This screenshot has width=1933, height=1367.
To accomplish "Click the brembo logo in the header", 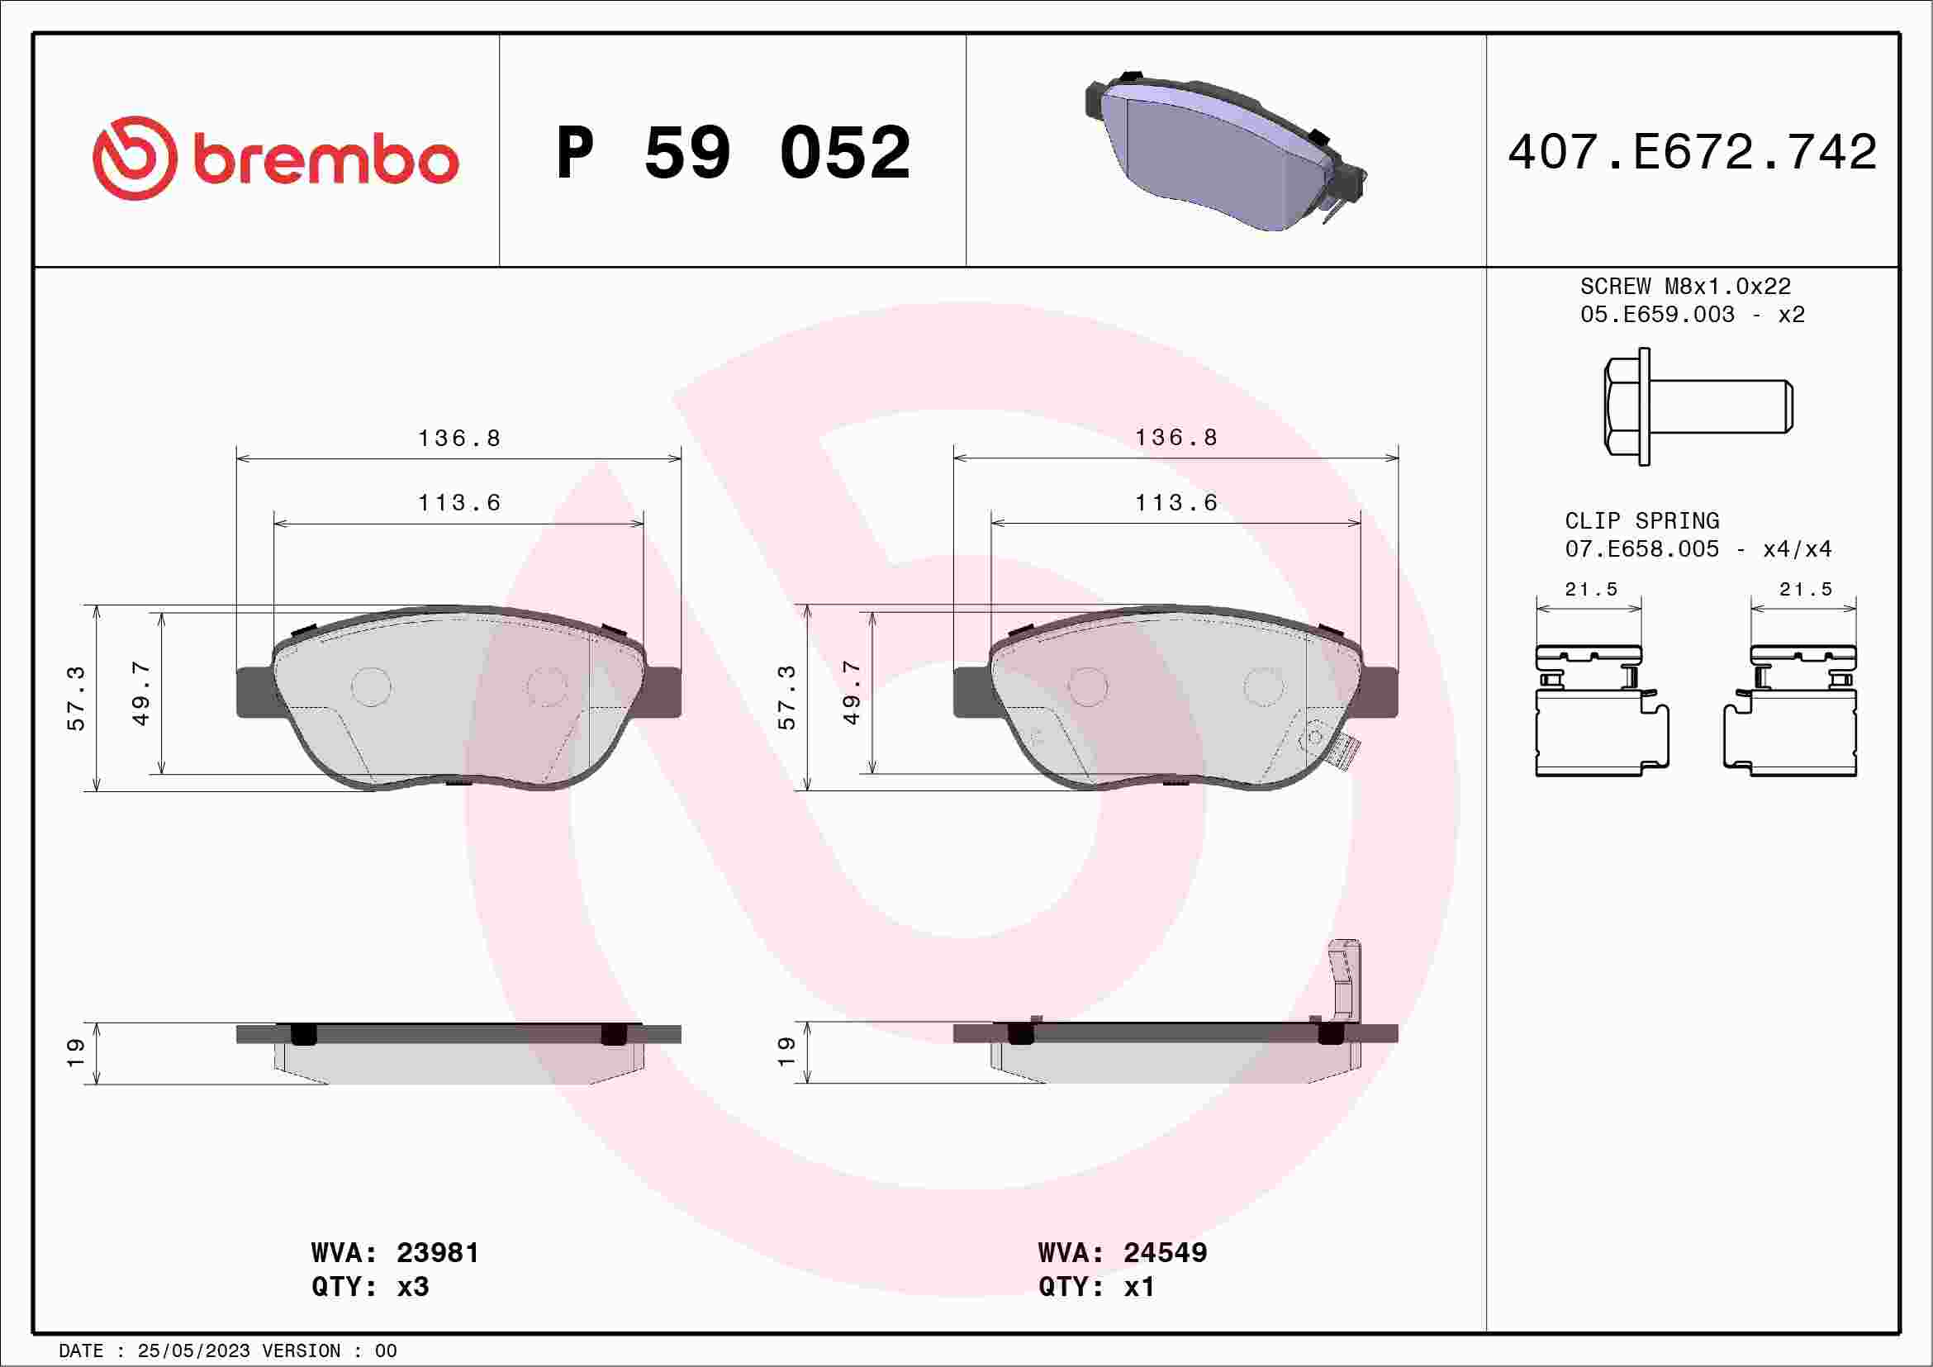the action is click(x=275, y=159).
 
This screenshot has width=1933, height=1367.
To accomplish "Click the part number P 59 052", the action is click(x=734, y=152).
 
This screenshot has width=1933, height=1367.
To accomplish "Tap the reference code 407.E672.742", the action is click(x=1693, y=151).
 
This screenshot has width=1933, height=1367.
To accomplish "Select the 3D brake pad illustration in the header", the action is click(x=1226, y=150).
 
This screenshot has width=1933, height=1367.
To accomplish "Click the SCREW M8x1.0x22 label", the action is click(x=1685, y=286).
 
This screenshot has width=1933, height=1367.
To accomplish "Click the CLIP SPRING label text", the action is click(x=1641, y=521).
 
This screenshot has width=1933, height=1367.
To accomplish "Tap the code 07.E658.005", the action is click(x=1641, y=548).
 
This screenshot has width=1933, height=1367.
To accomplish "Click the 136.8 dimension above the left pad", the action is click(x=459, y=438).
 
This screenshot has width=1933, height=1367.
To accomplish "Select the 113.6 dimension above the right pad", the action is click(x=1176, y=502).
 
